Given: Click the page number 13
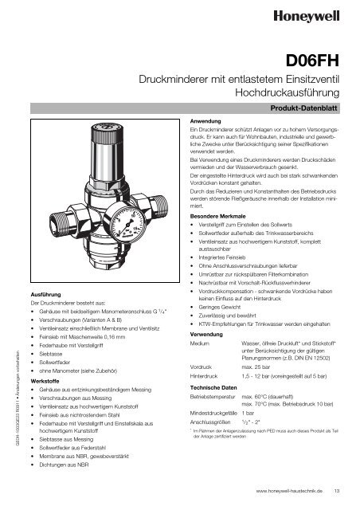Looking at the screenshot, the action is coord(337,492).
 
